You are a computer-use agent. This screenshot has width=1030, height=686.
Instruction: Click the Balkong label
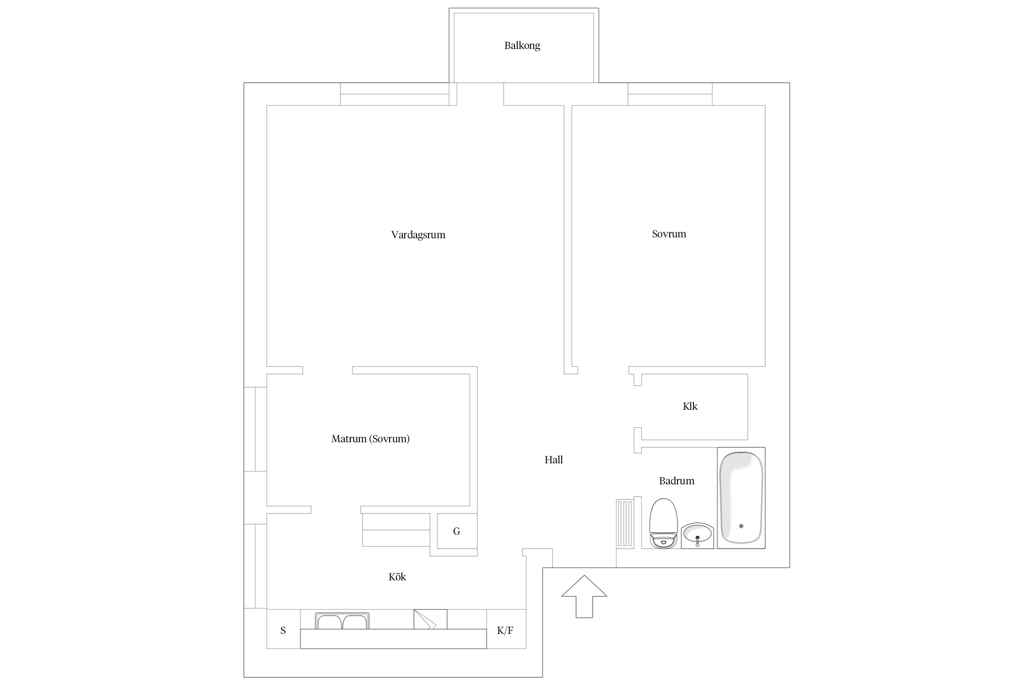[x=522, y=46]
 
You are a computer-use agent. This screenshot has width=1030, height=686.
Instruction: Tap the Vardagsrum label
[x=418, y=235]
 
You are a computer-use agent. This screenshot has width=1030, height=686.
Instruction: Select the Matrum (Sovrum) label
[x=370, y=439]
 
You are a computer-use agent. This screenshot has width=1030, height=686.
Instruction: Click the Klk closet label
[x=690, y=406]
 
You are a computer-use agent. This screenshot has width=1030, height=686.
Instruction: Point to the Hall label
[x=553, y=460]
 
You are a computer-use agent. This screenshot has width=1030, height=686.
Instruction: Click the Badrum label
[x=677, y=481]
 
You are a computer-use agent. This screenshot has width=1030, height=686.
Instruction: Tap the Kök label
[x=397, y=577]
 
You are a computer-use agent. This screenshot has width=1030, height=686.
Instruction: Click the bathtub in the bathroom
[x=741, y=498]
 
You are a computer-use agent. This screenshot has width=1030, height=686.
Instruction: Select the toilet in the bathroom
[x=663, y=523]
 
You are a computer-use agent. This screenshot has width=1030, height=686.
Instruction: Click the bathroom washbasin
[x=697, y=535]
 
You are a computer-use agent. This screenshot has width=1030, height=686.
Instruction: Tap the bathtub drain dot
[x=741, y=526]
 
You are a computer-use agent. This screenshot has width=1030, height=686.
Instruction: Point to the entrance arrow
[x=584, y=597]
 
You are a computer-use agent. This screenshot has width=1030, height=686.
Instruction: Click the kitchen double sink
[x=342, y=621]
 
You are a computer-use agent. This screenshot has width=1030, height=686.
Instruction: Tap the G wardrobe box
[x=457, y=531]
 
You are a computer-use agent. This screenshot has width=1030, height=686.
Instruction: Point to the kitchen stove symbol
[x=430, y=619]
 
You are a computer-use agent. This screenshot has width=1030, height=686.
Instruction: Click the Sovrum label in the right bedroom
[x=669, y=234]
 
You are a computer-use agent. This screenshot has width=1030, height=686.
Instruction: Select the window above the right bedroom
[x=670, y=94]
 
